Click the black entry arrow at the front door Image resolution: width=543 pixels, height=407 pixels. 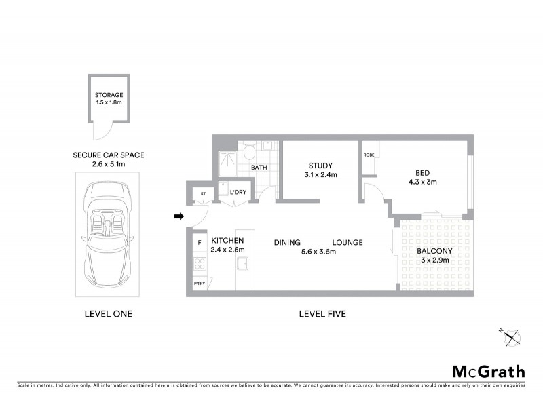(x=179, y=217)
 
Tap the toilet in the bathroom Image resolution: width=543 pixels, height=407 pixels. (x=250, y=151)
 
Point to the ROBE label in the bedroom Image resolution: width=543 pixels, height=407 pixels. (x=369, y=155)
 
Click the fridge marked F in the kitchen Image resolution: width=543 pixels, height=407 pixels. (x=200, y=242)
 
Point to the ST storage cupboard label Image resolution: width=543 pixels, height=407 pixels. (x=202, y=194)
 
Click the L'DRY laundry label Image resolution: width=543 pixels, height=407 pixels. (x=238, y=193)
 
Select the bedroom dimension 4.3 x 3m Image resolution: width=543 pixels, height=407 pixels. (x=422, y=182)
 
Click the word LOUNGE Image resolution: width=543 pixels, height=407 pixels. (x=347, y=243)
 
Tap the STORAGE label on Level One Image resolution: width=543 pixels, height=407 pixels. (x=109, y=94)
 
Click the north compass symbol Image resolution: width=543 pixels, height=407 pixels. (x=510, y=336)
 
